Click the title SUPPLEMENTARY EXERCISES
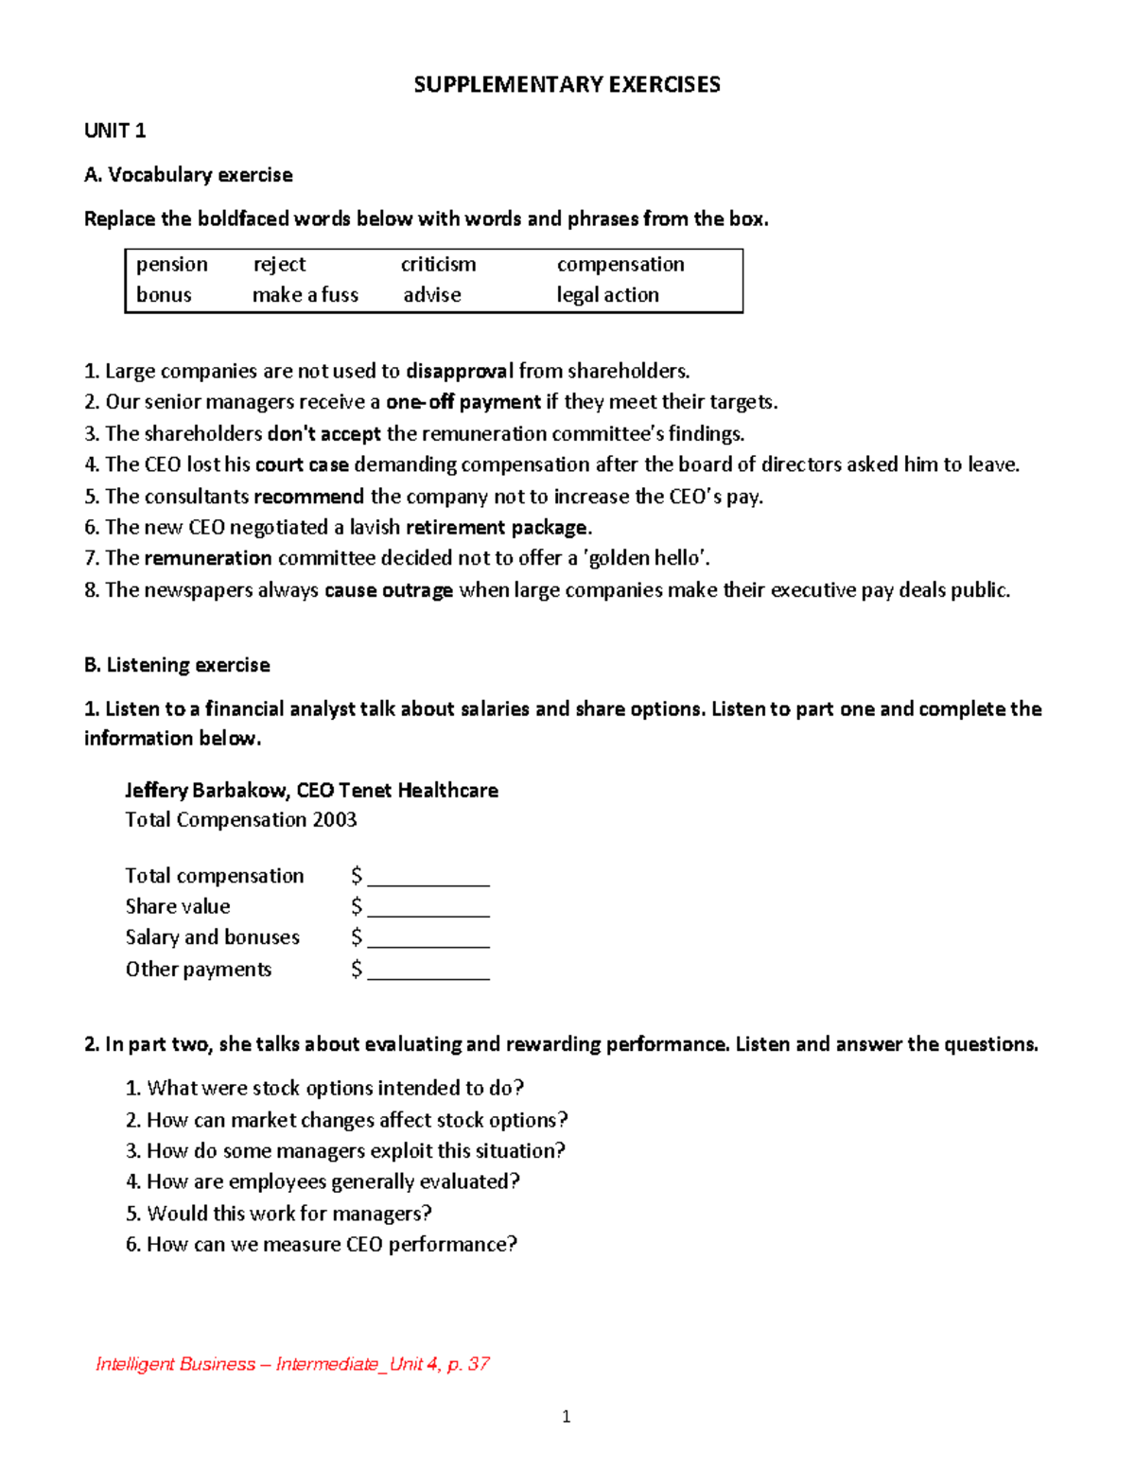pos(567,85)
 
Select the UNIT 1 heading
pos(114,131)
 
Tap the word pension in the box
pos(171,265)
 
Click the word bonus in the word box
pos(164,295)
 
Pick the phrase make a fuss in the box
pos(306,295)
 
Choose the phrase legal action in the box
pos(607,295)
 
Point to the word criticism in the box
pos(438,265)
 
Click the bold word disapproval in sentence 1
pos(460,371)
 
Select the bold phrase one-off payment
pos(463,402)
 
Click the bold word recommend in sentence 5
pos(308,497)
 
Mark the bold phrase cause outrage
pos(389,590)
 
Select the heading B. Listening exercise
pos(177,665)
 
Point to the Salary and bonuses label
pos(213,937)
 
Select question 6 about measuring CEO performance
pos(322,1244)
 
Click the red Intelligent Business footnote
pos(292,1363)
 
